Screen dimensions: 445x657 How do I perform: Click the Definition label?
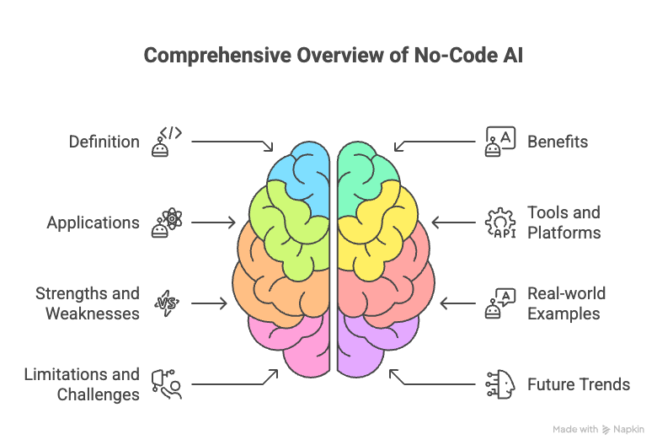pyautogui.click(x=104, y=142)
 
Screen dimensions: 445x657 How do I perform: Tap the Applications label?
pyautogui.click(x=93, y=223)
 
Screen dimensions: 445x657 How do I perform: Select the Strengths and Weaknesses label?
pyautogui.click(x=87, y=303)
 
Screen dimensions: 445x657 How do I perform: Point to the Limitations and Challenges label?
pyautogui.click(x=81, y=384)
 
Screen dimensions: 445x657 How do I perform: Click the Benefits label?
pyautogui.click(x=558, y=142)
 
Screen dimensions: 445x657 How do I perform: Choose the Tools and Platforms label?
pyautogui.click(x=564, y=222)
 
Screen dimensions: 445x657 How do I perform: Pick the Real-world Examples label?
pyautogui.click(x=566, y=303)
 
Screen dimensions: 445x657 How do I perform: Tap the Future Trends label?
pyautogui.click(x=579, y=384)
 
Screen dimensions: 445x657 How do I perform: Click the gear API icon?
pyautogui.click(x=499, y=222)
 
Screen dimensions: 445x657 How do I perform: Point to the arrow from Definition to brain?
pyautogui.click(x=232, y=144)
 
